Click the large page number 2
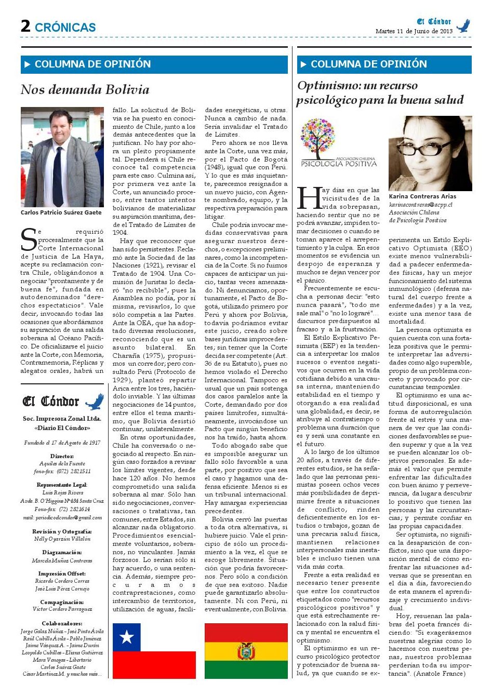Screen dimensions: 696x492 25,26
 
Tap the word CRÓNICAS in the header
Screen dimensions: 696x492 65,28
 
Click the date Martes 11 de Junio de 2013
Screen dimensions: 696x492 414,31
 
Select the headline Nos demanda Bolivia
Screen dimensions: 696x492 85,90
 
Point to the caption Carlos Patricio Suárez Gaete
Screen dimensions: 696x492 61,212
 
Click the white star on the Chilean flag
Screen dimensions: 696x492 126,637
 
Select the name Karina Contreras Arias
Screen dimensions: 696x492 422,196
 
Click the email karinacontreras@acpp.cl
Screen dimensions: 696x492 421,205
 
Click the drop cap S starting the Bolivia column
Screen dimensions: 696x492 28,239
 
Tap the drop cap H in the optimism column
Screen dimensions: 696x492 308,198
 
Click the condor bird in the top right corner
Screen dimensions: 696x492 463,25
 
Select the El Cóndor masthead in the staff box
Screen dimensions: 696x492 51,401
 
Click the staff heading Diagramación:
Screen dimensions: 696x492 62,553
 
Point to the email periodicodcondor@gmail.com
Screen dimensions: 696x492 62,517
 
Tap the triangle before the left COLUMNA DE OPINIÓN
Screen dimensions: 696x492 28,64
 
